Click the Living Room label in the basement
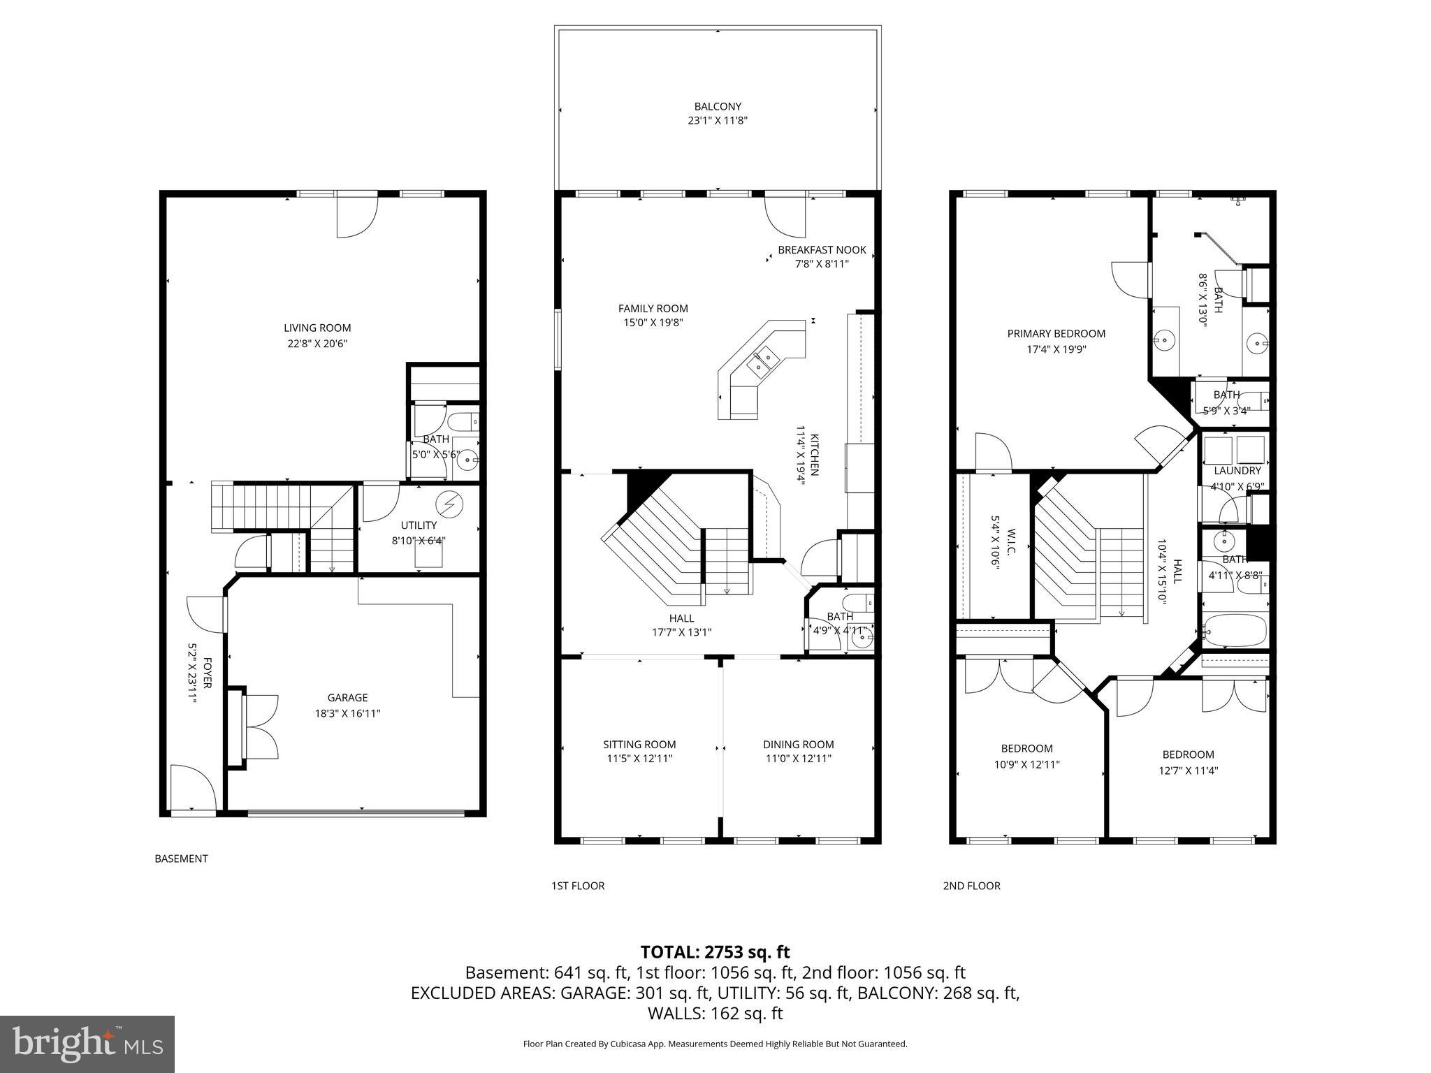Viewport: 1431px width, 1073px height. (317, 328)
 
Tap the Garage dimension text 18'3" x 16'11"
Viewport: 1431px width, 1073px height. (347, 713)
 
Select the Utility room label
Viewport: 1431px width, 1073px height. (419, 525)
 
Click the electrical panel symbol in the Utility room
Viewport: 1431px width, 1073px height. (449, 503)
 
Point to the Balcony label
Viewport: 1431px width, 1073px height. (718, 106)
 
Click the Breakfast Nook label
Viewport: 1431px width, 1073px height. (822, 249)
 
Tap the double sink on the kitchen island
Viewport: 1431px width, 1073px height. (763, 361)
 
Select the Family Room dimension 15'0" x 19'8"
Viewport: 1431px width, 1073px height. (653, 323)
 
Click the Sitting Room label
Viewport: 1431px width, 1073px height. (639, 744)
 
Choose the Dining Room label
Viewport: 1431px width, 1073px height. (798, 744)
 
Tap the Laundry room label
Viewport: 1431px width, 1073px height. (1237, 471)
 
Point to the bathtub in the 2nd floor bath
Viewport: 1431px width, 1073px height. (1235, 630)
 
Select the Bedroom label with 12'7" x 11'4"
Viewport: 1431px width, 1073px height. (1188, 754)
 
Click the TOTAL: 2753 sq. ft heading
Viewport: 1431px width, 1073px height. (715, 951)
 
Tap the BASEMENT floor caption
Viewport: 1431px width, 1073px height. (181, 859)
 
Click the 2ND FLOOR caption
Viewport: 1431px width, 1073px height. (971, 886)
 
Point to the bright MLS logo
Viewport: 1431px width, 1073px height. (87, 1044)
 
